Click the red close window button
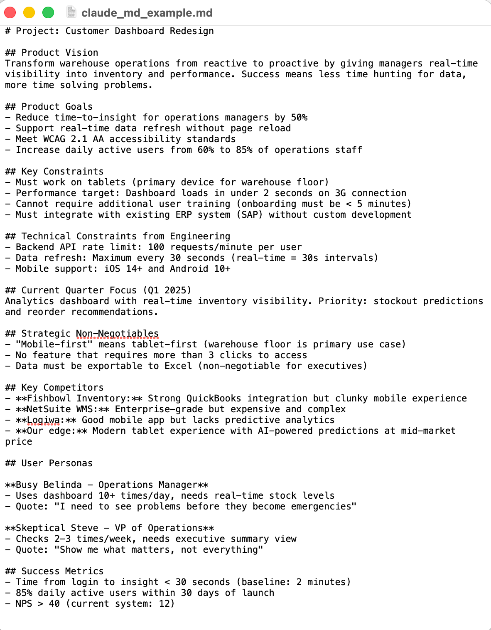pyautogui.click(x=10, y=13)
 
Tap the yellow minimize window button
pyautogui.click(x=29, y=13)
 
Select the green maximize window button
pyautogui.click(x=48, y=13)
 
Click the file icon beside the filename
pyautogui.click(x=71, y=12)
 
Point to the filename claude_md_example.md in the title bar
pyautogui.click(x=147, y=13)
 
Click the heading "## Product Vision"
pyautogui.click(x=52, y=53)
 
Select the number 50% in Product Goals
pyautogui.click(x=299, y=118)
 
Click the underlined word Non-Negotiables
pyautogui.click(x=117, y=334)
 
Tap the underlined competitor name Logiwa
pyautogui.click(x=43, y=420)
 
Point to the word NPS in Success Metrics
pyautogui.click(x=24, y=604)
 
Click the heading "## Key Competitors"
pyautogui.click(x=54, y=388)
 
